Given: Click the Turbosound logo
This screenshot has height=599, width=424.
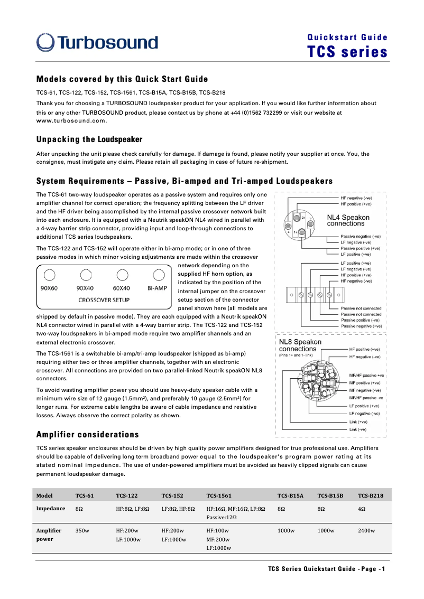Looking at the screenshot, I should pos(97,43).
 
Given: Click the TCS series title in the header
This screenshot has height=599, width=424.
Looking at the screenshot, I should pos(347,52).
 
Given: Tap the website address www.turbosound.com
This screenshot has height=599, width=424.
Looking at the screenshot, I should pos(71,120).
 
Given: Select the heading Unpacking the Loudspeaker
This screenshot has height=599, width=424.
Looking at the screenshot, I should pos(89,139).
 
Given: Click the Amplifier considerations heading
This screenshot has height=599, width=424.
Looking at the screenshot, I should pos(87,434).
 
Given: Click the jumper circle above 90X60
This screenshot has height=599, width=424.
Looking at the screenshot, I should pos(49,275).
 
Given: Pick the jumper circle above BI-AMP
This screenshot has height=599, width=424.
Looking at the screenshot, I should pos(158,275).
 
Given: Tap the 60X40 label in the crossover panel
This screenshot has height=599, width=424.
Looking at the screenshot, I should pos(122,288).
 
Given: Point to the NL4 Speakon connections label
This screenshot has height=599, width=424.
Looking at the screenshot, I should pos(348,220).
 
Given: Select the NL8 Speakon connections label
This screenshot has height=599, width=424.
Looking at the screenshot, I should pos(300,345).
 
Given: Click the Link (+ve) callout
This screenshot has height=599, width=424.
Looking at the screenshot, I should pos(358,422).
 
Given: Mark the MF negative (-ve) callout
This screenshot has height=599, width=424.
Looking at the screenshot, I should pos(365,390).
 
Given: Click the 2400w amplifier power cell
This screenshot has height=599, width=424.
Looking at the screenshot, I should pos(366,530).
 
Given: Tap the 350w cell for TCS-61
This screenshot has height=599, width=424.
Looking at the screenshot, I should pos(82,530).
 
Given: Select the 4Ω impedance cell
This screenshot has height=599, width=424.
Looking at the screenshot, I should pos(362,509).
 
